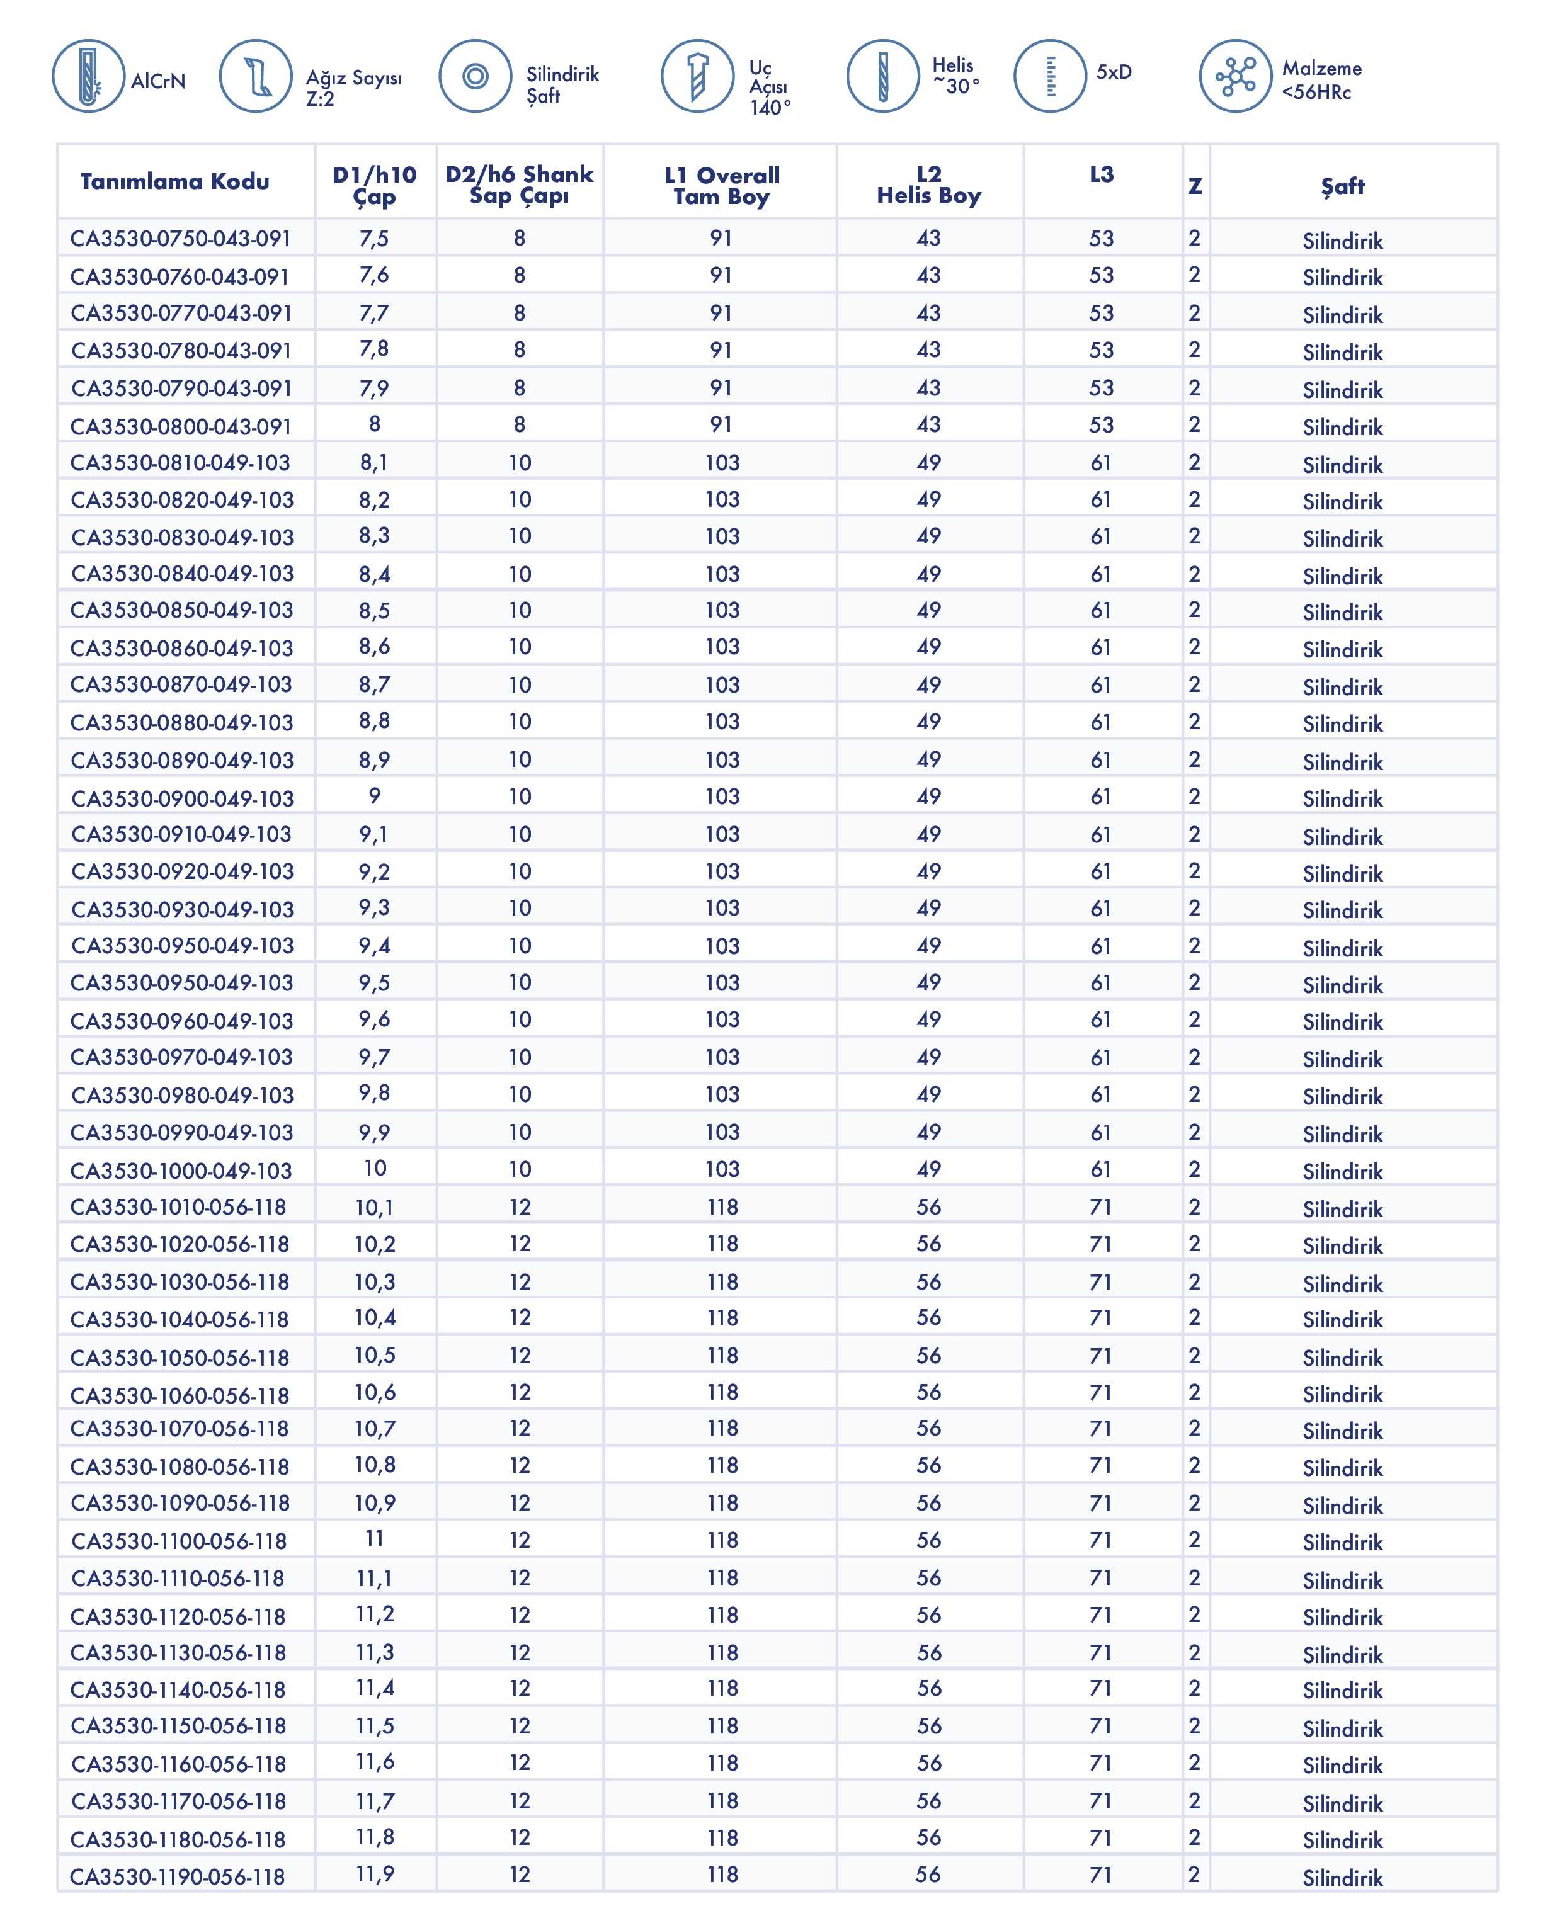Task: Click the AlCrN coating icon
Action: tap(88, 76)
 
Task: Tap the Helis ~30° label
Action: tap(955, 76)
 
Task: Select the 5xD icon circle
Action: tap(1049, 76)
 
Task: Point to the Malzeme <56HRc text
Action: tap(1321, 80)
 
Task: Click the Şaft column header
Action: tap(1342, 186)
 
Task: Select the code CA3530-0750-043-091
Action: tap(181, 239)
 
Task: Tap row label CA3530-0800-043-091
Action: tap(181, 426)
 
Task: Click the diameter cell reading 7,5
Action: tap(374, 239)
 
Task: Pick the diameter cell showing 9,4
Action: tap(374, 945)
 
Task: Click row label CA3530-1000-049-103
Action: tap(181, 1170)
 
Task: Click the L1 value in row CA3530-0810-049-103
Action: tap(722, 462)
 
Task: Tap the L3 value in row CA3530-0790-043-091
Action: tap(1102, 388)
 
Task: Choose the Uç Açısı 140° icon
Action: tap(697, 76)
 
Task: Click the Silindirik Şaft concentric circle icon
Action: tap(475, 76)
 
